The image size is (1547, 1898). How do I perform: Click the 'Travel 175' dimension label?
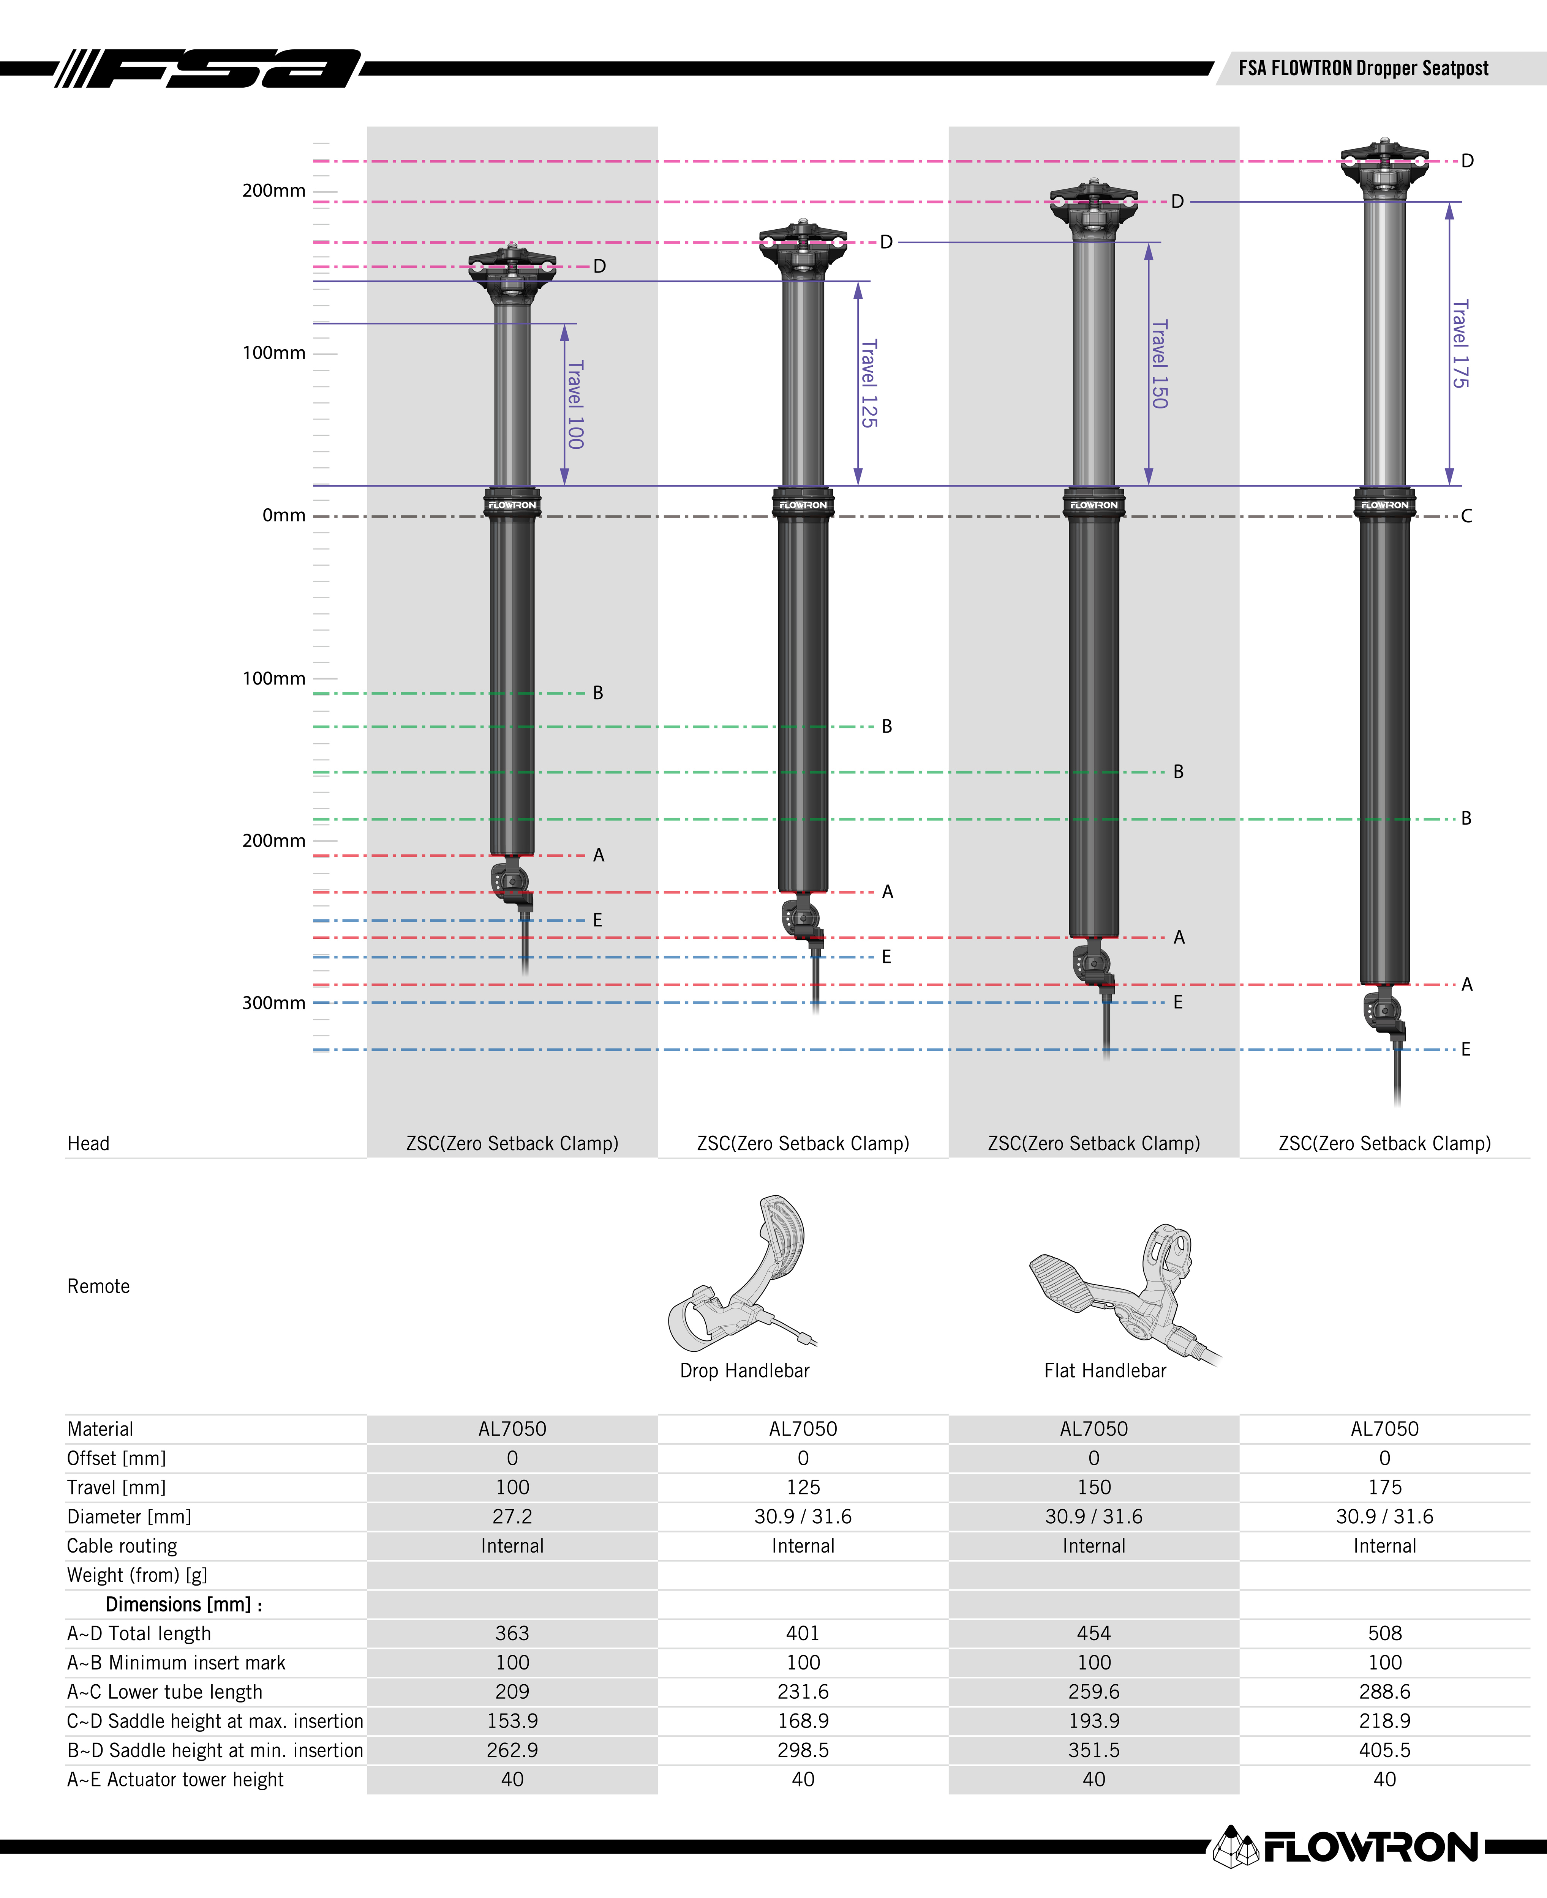[1460, 344]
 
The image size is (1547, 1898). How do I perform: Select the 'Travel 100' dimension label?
[576, 404]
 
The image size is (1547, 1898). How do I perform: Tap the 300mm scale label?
[273, 1003]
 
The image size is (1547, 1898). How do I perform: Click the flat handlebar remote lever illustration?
[1125, 1294]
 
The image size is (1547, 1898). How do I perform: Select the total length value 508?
[1385, 1633]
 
